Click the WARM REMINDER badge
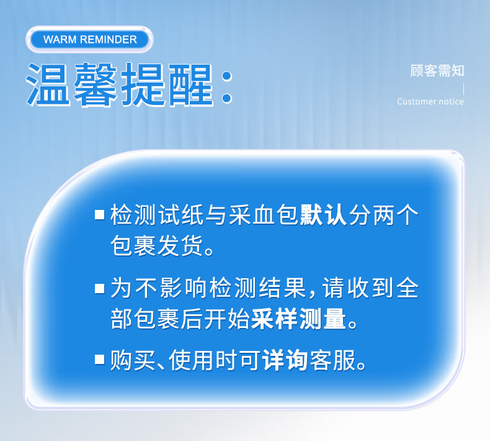(x=89, y=39)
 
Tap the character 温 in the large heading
(x=48, y=84)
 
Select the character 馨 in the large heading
(x=96, y=84)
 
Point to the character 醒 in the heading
(x=191, y=84)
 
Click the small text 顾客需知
(x=437, y=71)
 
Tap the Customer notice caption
(x=430, y=101)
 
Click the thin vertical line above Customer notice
(x=463, y=89)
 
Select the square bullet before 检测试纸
(x=100, y=215)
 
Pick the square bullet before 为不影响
(x=100, y=288)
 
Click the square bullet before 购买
(x=100, y=359)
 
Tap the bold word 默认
(x=323, y=215)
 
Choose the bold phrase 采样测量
(x=299, y=319)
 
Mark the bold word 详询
(x=285, y=360)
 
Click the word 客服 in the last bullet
(x=333, y=360)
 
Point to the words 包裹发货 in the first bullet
(x=157, y=245)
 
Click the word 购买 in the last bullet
(x=133, y=360)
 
